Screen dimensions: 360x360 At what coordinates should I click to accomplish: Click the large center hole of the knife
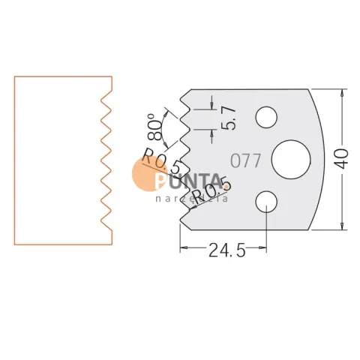click(x=291, y=160)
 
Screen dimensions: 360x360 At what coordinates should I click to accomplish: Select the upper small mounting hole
click(x=266, y=117)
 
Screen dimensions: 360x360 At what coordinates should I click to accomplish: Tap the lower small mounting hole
click(x=266, y=202)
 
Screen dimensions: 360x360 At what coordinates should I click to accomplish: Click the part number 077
click(x=246, y=160)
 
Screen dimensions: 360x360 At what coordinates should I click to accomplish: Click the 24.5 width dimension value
click(x=227, y=250)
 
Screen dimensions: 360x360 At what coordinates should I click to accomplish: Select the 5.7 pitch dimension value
click(x=229, y=118)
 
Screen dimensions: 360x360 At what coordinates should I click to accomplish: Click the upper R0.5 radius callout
click(x=161, y=160)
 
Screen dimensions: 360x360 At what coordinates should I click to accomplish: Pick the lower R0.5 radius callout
click(x=212, y=190)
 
